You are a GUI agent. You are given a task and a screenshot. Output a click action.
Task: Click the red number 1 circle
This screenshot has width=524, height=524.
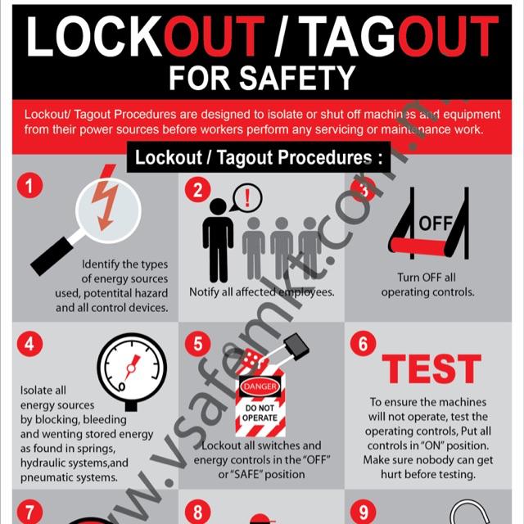[29, 186]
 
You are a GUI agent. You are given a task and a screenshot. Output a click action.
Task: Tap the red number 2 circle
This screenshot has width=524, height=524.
[197, 190]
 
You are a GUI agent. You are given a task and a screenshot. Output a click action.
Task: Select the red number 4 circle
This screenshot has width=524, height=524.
[29, 344]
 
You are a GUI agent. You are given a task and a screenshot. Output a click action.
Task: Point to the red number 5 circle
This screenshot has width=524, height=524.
[197, 344]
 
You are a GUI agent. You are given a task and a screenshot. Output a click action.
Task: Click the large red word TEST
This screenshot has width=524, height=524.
[431, 369]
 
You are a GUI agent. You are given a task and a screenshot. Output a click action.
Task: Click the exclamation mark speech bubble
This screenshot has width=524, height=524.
[246, 196]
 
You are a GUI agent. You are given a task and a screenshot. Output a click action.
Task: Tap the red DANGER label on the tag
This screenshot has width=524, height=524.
[260, 386]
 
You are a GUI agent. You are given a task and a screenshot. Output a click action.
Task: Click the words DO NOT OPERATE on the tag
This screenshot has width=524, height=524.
[260, 412]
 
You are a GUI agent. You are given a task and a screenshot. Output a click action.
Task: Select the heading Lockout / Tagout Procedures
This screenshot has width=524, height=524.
[259, 157]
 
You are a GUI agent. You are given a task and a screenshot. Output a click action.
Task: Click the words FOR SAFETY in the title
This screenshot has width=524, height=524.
[261, 78]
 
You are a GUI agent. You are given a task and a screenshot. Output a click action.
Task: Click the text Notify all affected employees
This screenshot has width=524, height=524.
[262, 291]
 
